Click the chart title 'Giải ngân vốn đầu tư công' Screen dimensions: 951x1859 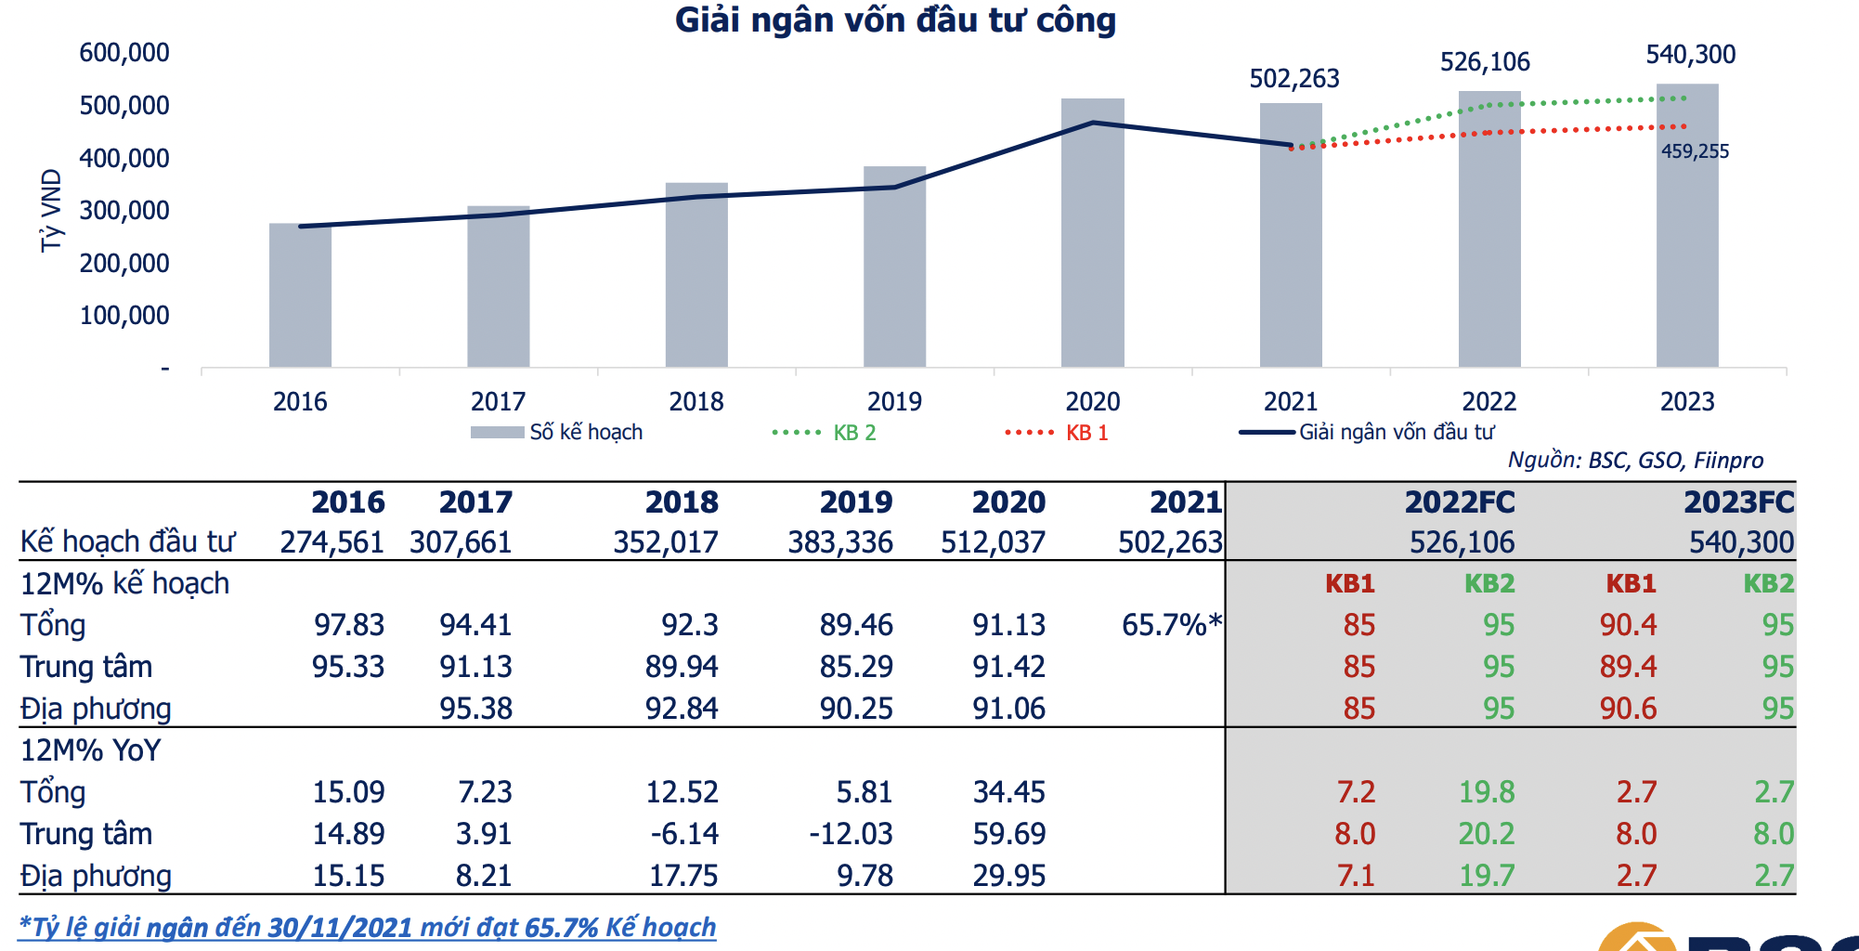[x=894, y=20]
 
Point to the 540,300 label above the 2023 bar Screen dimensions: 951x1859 [x=1690, y=55]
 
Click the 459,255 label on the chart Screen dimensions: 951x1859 [x=1695, y=151]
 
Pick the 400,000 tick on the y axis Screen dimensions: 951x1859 [x=124, y=158]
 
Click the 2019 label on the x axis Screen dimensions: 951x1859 [x=894, y=401]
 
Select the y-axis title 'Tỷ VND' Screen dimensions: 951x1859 [x=51, y=210]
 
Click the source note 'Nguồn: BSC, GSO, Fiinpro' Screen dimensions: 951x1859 [x=1634, y=461]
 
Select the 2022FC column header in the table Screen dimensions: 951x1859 [x=1459, y=502]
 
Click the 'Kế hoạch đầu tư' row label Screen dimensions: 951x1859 [x=127, y=541]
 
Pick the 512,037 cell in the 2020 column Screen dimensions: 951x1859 [x=993, y=542]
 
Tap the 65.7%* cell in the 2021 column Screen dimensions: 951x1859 [x=1171, y=625]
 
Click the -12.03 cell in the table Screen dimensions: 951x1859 [x=851, y=834]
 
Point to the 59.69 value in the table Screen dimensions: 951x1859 [x=1008, y=834]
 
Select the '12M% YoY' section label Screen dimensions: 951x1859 [x=91, y=750]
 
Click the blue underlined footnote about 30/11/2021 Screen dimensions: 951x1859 [x=368, y=927]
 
